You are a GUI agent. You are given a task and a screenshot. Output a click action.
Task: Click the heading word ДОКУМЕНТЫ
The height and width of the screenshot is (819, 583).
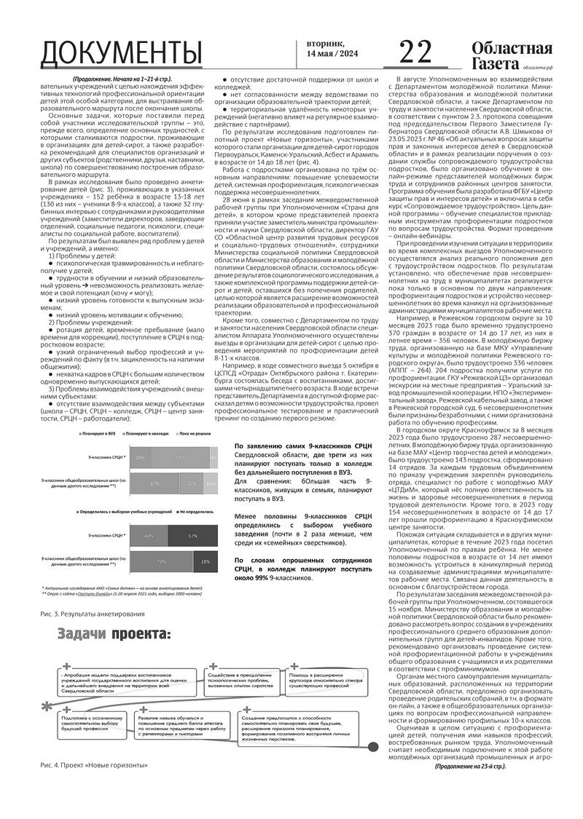122,54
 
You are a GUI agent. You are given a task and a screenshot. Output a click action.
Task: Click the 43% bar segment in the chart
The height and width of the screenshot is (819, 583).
149,536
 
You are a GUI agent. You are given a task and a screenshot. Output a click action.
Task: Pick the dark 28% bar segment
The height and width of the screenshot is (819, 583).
206,562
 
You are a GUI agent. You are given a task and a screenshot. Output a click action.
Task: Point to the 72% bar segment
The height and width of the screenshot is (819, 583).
159,562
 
